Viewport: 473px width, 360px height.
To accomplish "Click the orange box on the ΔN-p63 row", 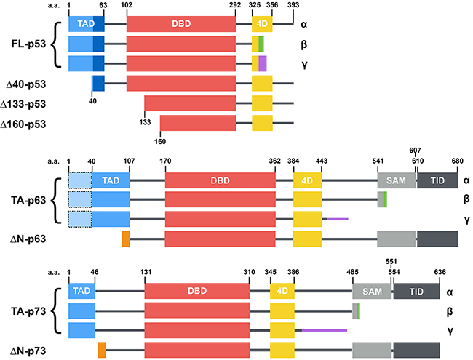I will (126, 239).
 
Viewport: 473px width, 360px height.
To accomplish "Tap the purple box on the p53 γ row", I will (263, 63).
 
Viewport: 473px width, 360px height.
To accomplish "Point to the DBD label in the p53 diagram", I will (180, 24).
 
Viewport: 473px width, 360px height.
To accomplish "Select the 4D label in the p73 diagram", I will (281, 290).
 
